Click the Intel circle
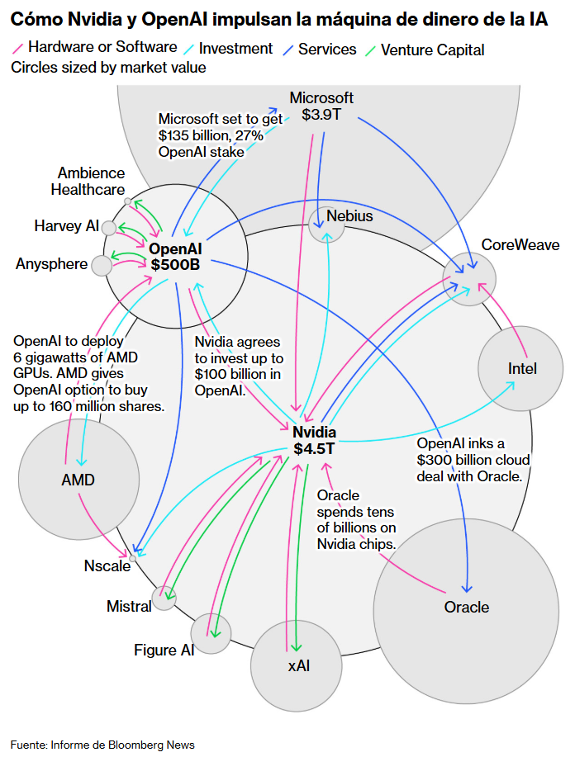(x=521, y=368)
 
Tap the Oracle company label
(x=466, y=607)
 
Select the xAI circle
(x=298, y=665)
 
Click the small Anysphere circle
(x=102, y=265)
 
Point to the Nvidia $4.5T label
(x=315, y=441)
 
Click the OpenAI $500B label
(x=175, y=256)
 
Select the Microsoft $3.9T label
(x=321, y=106)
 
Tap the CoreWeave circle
(x=469, y=279)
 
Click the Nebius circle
(x=326, y=223)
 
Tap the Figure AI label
(x=164, y=650)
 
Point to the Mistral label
(x=129, y=606)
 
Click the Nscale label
(x=107, y=565)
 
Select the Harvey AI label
(x=66, y=225)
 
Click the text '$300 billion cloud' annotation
(x=473, y=460)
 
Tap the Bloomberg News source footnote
(x=102, y=745)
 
